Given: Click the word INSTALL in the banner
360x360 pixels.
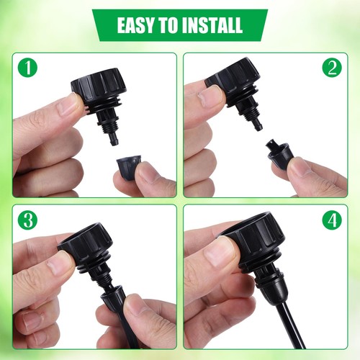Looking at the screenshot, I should point(213,25).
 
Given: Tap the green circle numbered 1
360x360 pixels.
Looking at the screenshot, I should point(27,69).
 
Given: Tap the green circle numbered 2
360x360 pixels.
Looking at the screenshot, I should point(331,68).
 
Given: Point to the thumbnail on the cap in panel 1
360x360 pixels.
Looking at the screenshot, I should point(70,106).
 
